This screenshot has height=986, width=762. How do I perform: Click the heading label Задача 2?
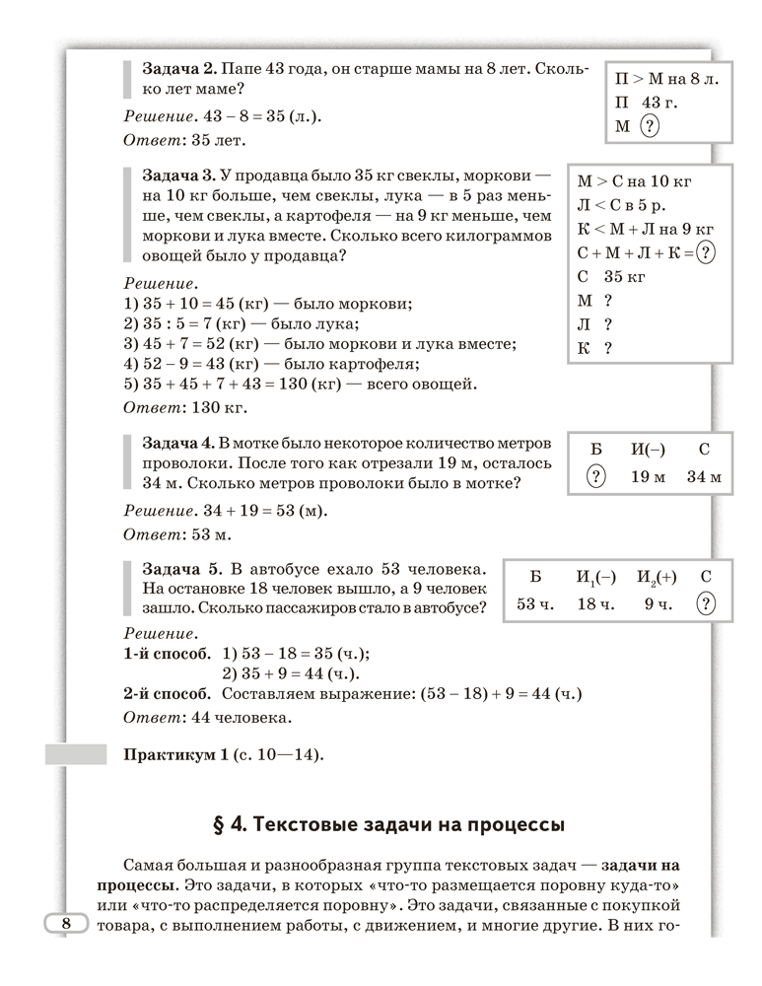tap(179, 71)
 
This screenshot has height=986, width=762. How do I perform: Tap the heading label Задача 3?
tap(179, 176)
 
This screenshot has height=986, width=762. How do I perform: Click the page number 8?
tap(66, 924)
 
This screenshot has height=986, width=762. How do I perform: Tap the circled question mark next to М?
tap(650, 126)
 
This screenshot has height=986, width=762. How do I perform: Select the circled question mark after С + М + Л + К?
tap(705, 252)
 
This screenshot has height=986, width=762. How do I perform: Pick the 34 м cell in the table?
tap(704, 477)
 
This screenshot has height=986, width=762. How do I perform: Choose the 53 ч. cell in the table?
tap(536, 603)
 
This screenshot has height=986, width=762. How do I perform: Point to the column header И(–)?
tap(648, 450)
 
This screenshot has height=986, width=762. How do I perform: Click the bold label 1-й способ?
tap(167, 653)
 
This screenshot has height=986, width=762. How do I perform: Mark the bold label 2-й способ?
tap(167, 694)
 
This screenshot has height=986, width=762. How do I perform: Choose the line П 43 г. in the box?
tap(647, 102)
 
